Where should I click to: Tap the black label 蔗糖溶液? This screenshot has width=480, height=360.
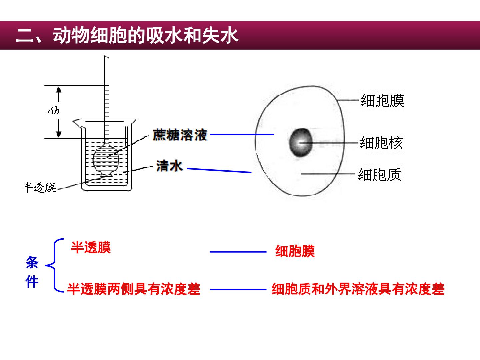click(x=180, y=135)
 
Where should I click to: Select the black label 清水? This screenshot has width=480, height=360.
click(x=169, y=166)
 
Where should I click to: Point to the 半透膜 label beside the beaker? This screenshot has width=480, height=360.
click(x=39, y=187)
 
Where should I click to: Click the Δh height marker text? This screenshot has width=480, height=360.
click(x=54, y=111)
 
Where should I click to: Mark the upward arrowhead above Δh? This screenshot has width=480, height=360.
click(x=59, y=90)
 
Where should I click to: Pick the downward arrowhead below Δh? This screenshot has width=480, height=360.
click(x=59, y=134)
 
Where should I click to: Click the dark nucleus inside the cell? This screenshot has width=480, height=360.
click(x=300, y=142)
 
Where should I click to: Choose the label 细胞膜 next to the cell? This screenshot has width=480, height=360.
click(x=382, y=101)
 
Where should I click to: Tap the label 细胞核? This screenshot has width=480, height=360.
click(x=381, y=143)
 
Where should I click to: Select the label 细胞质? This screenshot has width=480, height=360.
click(x=379, y=174)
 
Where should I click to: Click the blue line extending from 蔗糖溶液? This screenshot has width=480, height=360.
click(x=242, y=134)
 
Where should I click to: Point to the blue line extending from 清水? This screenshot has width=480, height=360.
click(x=219, y=170)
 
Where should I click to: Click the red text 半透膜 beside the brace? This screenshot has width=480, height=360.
click(x=91, y=247)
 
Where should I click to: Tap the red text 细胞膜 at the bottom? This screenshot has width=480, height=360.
click(x=295, y=251)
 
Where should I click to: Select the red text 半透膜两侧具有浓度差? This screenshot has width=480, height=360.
click(x=134, y=289)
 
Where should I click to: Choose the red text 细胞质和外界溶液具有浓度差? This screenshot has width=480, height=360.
click(x=358, y=289)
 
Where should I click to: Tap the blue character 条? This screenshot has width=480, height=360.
click(x=32, y=262)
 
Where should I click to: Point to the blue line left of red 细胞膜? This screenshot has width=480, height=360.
click(x=238, y=252)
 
